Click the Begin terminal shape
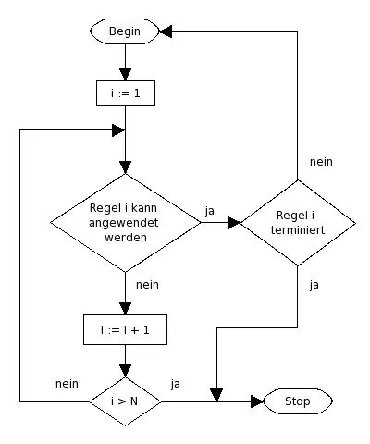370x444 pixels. click(x=124, y=31)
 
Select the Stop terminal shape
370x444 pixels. click(x=297, y=401)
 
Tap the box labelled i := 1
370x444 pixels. click(x=124, y=92)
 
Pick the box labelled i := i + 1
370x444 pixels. click(x=124, y=330)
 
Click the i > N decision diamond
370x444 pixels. click(x=124, y=401)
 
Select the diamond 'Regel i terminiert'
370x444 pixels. click(x=297, y=222)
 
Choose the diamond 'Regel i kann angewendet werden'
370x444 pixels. click(x=124, y=222)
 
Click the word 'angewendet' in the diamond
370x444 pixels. click(x=124, y=222)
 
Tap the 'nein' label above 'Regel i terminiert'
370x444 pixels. click(x=321, y=161)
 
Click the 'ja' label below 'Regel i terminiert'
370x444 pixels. click(x=314, y=285)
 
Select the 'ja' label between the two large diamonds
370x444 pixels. click(x=209, y=211)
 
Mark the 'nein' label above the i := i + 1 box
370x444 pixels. click(x=147, y=285)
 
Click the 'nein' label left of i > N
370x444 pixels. click(x=67, y=383)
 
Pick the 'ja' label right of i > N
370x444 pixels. click(x=176, y=383)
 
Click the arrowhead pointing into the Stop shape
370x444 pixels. click(x=257, y=401)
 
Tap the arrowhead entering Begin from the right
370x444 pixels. click(x=166, y=31)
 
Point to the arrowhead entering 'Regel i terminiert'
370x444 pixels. click(x=234, y=222)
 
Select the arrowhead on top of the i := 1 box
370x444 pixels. click(x=124, y=75)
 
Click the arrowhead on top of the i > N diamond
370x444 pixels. click(x=124, y=371)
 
